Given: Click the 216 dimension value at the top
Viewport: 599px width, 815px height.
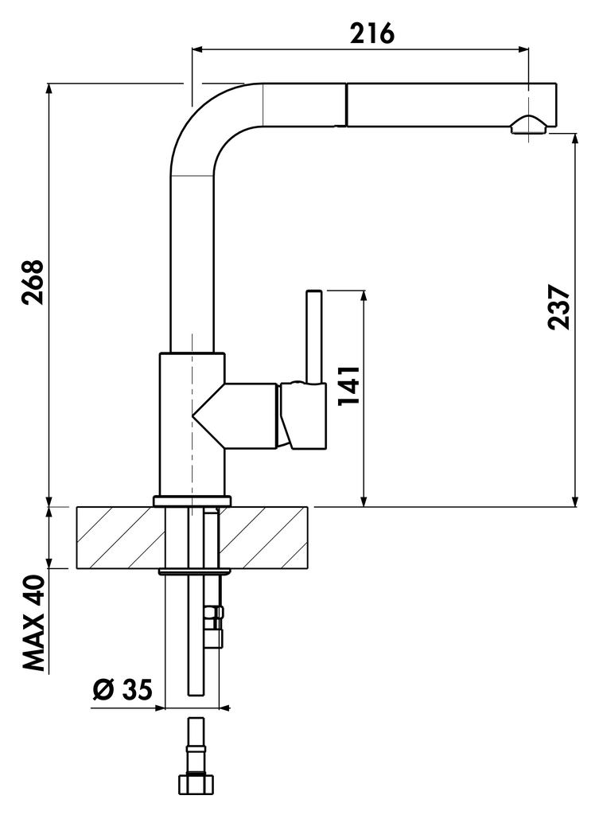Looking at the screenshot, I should tap(371, 33).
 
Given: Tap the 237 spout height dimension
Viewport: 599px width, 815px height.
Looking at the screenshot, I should tap(559, 306).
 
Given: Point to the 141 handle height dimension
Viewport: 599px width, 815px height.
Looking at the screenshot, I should tap(349, 386).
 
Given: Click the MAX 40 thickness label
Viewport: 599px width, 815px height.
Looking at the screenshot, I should tap(33, 623).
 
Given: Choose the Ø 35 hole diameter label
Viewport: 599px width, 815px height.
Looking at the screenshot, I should tap(122, 689).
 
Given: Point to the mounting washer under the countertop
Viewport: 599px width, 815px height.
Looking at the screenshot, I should tap(195, 571).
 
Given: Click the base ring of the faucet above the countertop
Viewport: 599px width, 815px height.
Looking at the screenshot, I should tap(193, 501).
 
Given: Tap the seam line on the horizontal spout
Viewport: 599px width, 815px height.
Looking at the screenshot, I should tap(346, 105).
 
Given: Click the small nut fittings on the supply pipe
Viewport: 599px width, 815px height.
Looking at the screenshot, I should tap(214, 626).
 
